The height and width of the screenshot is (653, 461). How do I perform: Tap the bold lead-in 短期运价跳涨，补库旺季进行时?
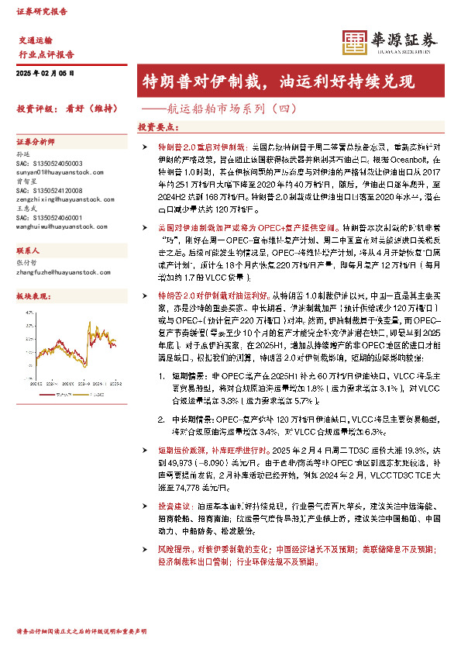[x=201, y=450]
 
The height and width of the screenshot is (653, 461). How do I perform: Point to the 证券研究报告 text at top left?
[x=41, y=12]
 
